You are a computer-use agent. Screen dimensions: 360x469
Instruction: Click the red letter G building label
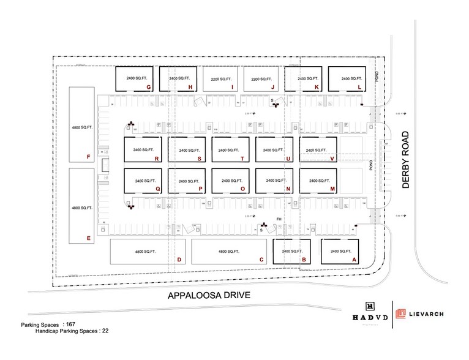pos(149,88)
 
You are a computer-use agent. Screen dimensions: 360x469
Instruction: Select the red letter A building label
pos(353,259)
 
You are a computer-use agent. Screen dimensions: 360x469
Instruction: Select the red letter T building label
pos(242,159)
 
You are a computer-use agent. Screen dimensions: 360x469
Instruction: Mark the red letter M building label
pos(332,189)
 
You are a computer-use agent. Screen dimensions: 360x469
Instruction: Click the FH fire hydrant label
pos(278,219)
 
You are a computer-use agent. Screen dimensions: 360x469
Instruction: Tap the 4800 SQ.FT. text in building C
pos(230,252)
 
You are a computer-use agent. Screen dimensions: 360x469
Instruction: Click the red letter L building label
pos(359,88)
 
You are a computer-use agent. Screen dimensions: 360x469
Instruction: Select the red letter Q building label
pos(157,189)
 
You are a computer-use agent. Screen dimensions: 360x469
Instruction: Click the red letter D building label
pos(178,260)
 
